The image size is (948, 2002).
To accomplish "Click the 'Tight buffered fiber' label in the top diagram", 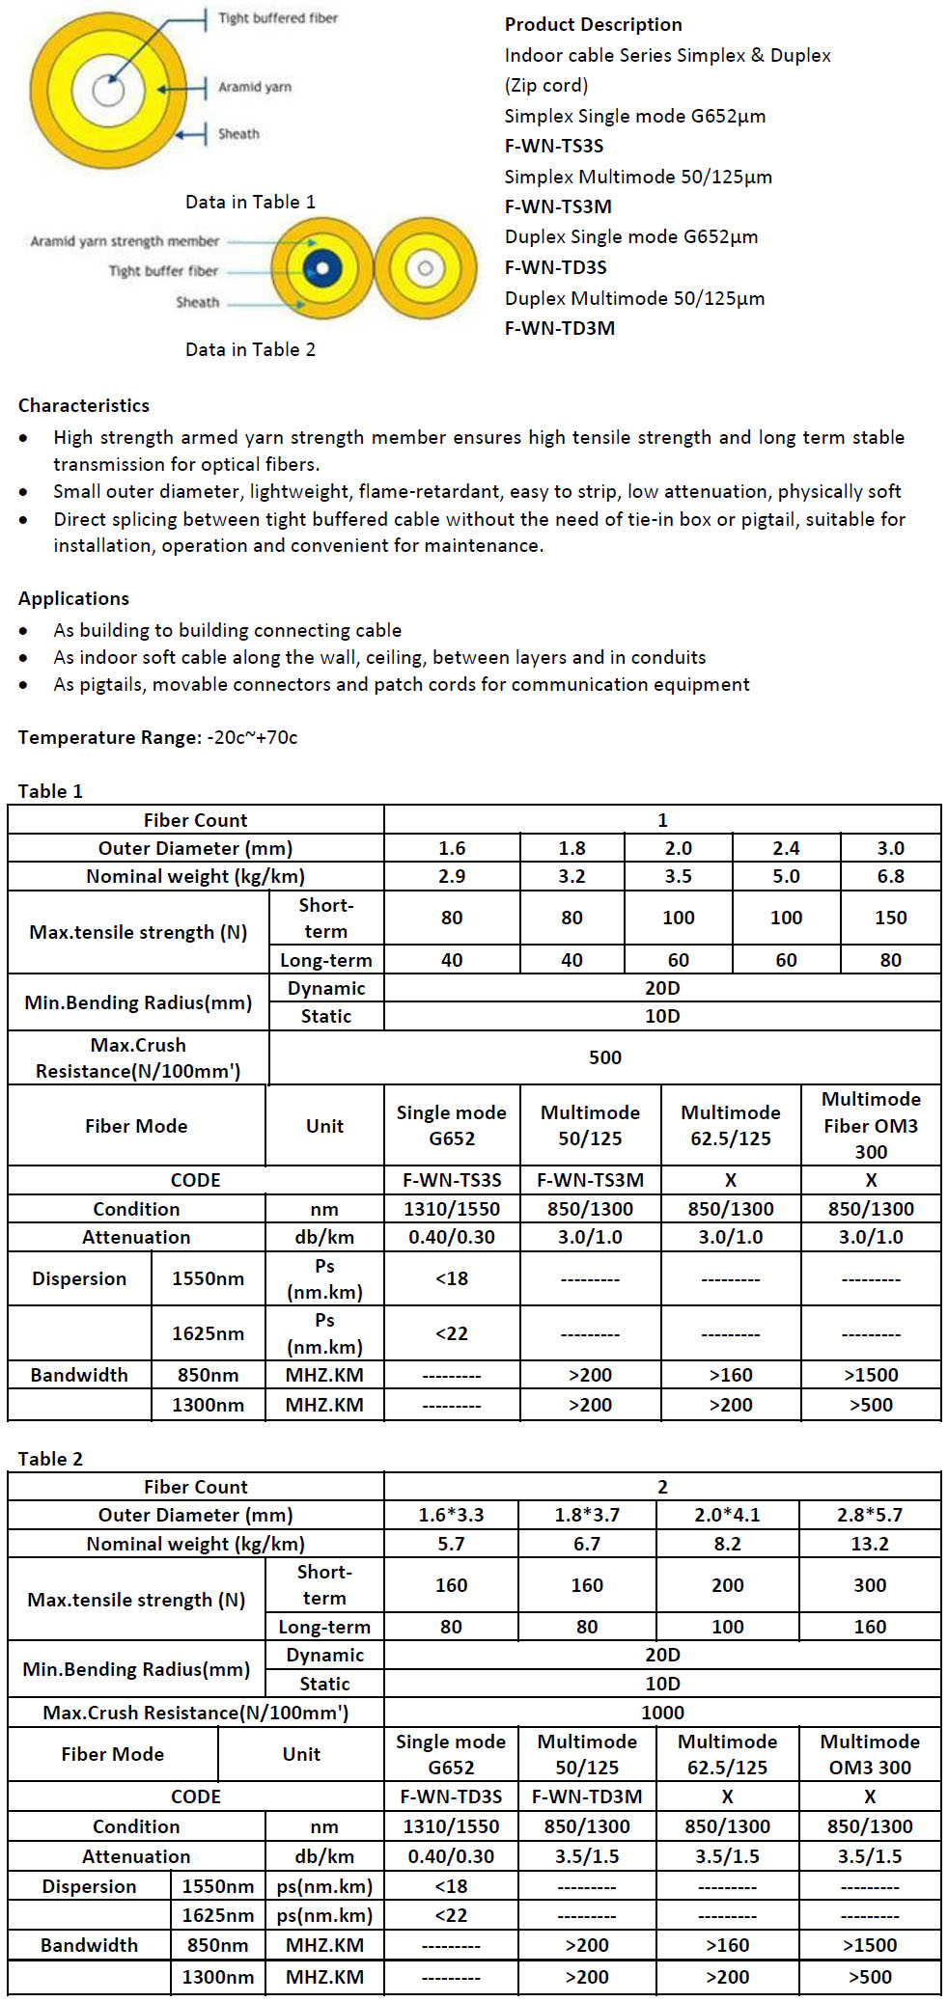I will (277, 18).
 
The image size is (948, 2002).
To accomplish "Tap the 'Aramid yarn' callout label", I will (254, 87).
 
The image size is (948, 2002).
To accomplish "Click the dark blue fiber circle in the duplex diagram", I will (322, 268).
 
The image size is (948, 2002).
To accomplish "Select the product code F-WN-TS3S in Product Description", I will (553, 146).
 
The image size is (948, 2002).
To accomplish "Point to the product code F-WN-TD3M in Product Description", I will (559, 328).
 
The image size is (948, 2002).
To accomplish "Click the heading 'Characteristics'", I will (84, 405).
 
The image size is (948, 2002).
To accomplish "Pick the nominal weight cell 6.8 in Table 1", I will (890, 876).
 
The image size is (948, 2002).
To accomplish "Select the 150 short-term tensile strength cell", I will (890, 918).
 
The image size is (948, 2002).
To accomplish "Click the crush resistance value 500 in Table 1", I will (604, 1057).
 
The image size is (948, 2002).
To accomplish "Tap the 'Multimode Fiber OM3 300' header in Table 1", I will (871, 1125).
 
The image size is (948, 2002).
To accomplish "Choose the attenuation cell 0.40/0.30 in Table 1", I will (451, 1237).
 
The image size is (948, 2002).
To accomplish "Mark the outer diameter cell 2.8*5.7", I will (869, 1515).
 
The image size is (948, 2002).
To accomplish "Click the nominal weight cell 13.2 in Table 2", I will (869, 1544).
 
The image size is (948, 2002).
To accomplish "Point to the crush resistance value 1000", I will (662, 1713).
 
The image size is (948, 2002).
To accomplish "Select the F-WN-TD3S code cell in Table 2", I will (451, 1796).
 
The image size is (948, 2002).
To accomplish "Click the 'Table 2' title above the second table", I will (50, 1459).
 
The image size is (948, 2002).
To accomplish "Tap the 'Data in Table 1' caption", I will (250, 202).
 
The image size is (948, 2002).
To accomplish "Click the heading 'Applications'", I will (73, 598).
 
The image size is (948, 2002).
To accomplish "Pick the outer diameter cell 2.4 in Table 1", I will (786, 848).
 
